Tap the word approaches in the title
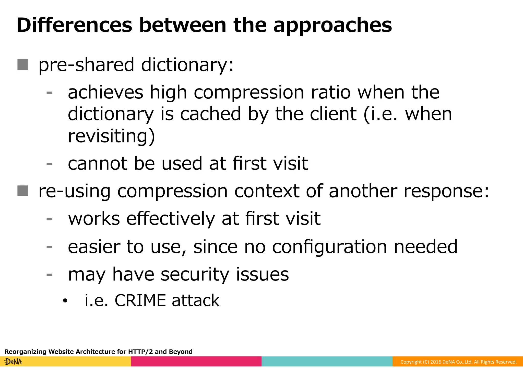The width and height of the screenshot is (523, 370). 332,26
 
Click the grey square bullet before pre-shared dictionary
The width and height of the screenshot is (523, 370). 23,65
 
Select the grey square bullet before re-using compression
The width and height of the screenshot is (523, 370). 23,191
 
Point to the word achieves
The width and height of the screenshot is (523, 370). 105,92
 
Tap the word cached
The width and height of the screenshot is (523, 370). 210,114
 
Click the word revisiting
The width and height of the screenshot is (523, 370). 111,136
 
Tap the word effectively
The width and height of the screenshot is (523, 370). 171,219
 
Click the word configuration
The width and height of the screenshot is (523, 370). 329,247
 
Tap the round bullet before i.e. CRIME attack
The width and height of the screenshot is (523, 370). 65,301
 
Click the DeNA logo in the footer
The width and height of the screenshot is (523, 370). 13,362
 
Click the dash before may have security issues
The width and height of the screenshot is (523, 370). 50,275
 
